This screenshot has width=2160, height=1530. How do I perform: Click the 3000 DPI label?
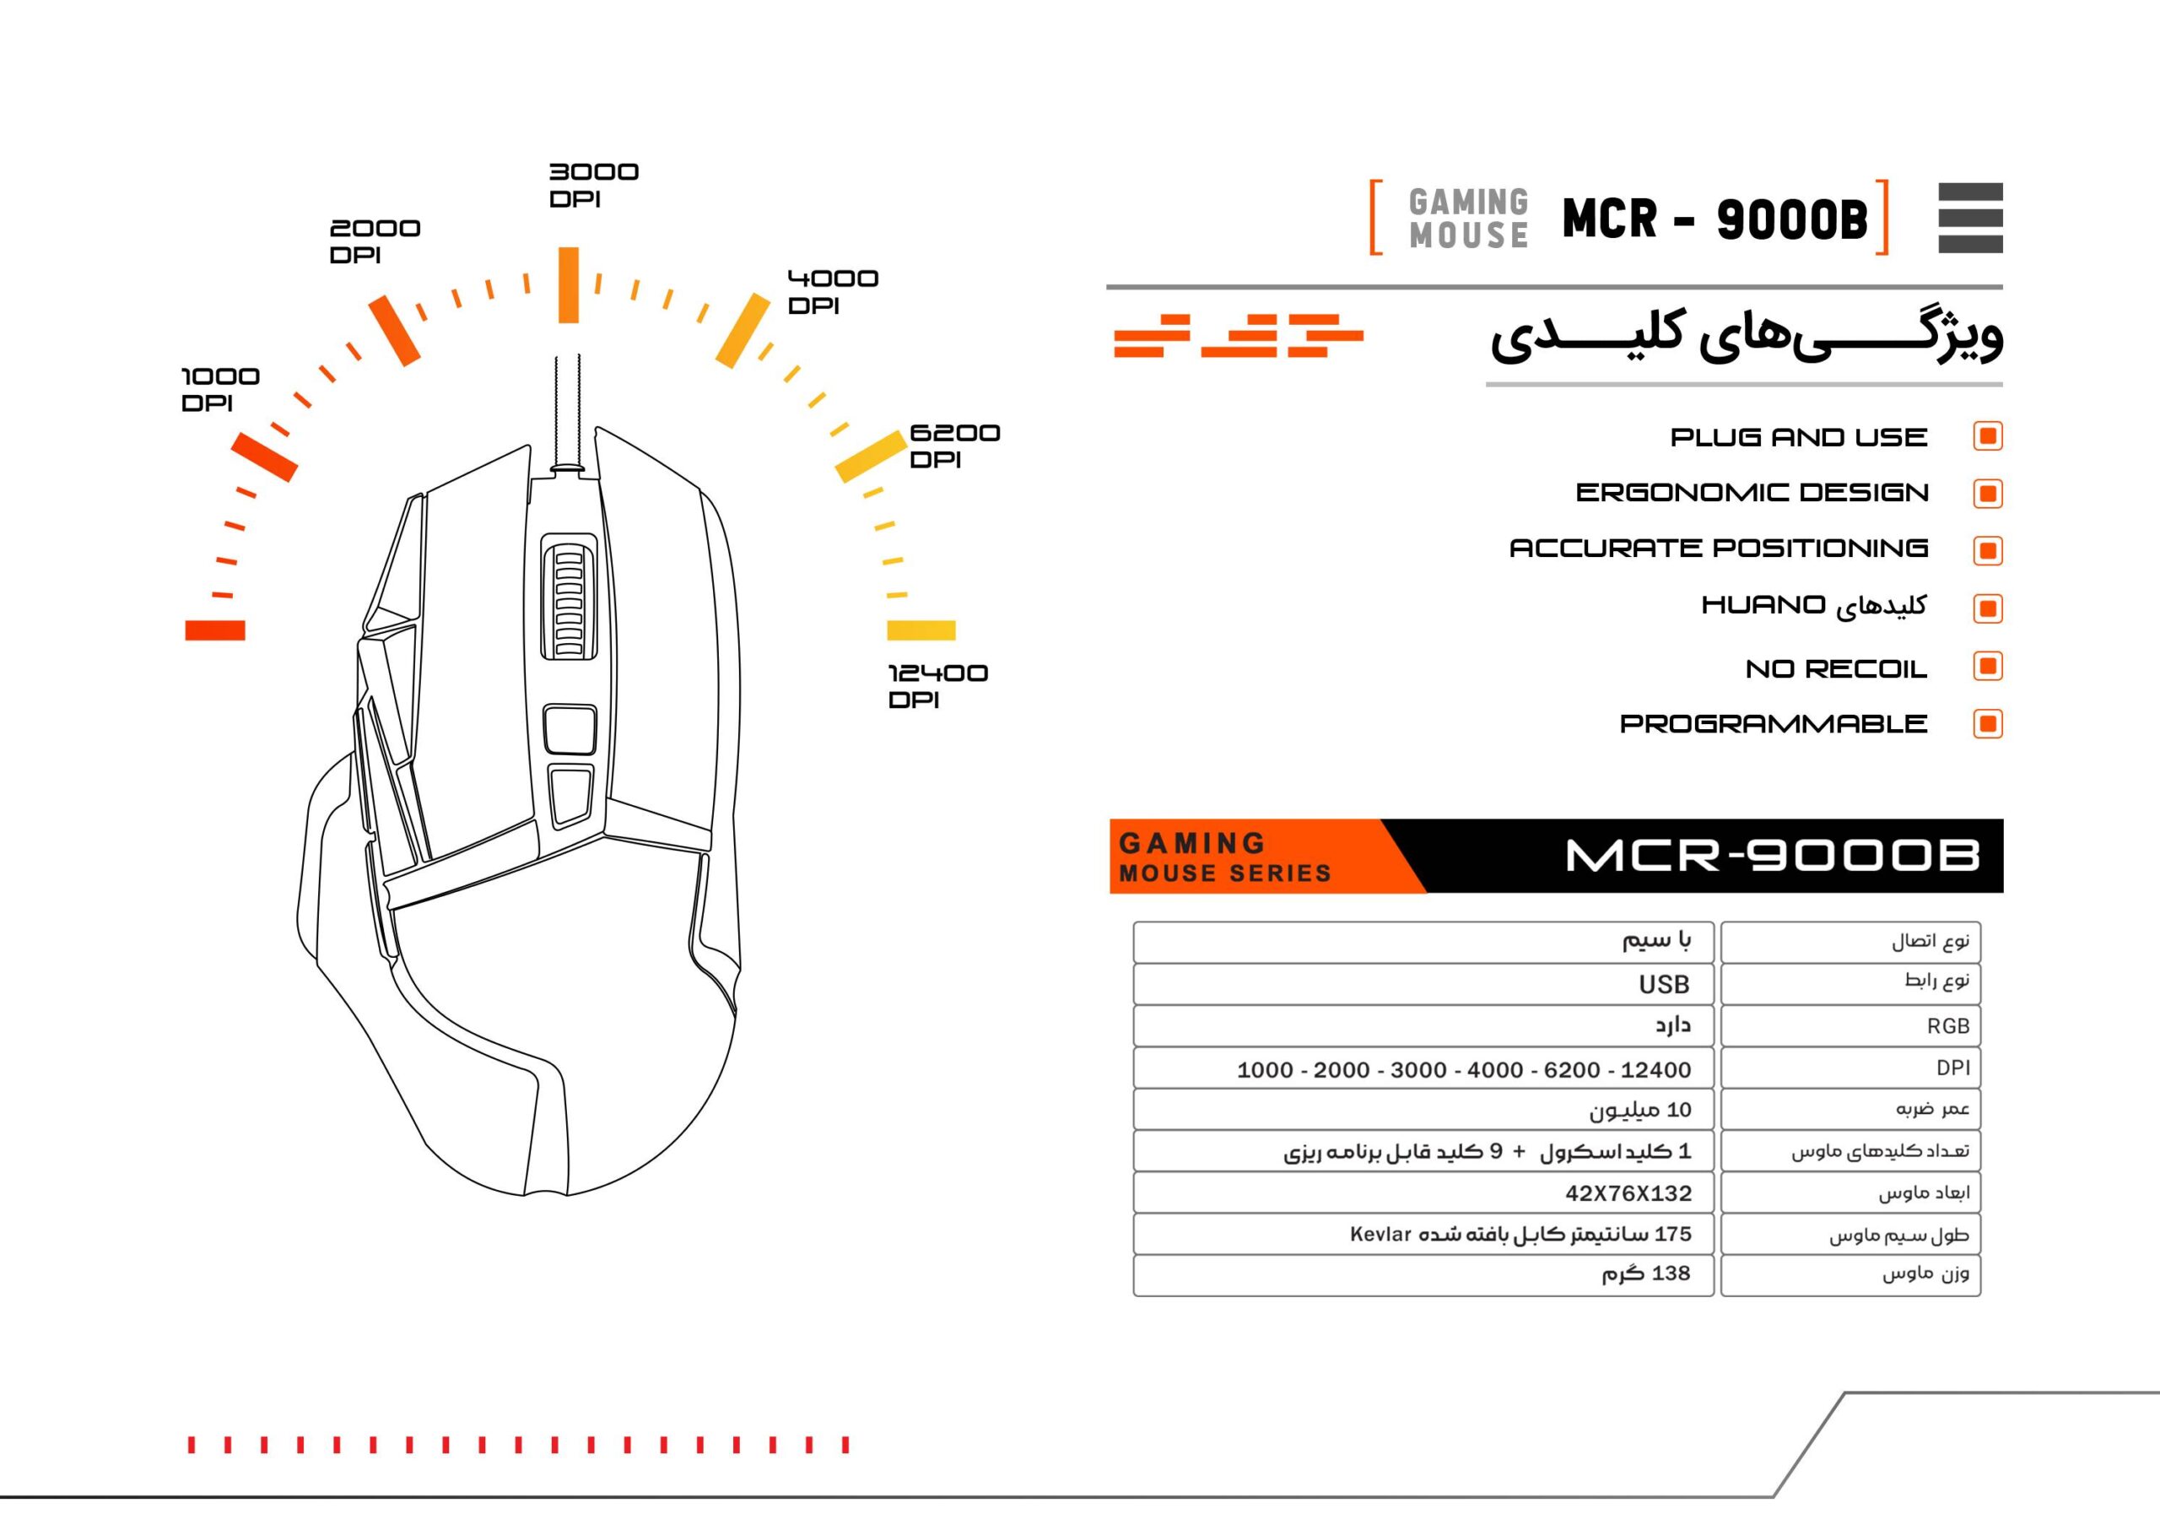593,185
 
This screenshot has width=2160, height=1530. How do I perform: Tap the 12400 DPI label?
937,686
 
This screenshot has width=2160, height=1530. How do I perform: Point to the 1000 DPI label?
219,389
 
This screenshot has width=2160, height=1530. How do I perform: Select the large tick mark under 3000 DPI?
568,285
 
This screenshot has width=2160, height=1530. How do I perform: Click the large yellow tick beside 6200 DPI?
871,456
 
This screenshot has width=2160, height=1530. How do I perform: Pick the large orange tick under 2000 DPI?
394,331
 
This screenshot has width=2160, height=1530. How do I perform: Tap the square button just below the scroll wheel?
570,728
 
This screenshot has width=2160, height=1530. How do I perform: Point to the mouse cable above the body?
567,411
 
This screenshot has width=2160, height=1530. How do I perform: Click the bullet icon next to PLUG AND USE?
1988,436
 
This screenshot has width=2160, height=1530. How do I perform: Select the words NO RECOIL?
1836,669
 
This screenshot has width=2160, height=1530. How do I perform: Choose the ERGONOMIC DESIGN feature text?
1752,493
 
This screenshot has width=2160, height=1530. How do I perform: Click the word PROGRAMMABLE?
1773,723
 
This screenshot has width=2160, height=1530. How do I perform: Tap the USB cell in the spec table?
1423,984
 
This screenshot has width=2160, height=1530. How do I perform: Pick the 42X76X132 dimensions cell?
1423,1192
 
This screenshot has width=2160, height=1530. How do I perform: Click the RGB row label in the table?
1948,1026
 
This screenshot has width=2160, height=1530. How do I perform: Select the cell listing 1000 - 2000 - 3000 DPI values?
1423,1068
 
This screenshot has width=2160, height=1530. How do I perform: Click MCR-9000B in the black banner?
1772,856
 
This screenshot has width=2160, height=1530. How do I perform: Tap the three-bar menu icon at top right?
1971,218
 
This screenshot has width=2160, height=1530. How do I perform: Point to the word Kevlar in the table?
1380,1234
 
